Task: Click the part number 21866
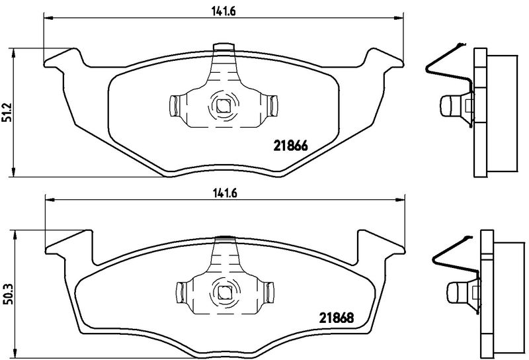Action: click(290, 146)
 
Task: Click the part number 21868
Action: click(337, 318)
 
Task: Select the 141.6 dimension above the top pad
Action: click(224, 11)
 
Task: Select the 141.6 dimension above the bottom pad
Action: click(225, 193)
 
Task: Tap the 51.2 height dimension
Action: click(7, 112)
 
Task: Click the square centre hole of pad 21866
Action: click(222, 106)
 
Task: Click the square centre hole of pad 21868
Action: click(223, 292)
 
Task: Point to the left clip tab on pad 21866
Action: click(174, 106)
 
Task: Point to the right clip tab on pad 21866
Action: click(272, 106)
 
